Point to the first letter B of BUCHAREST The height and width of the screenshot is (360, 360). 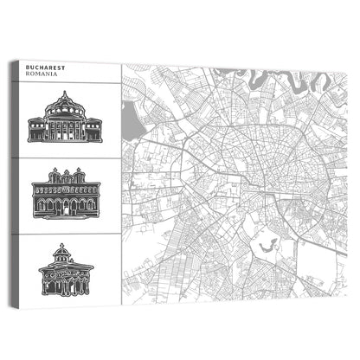coord(29,66)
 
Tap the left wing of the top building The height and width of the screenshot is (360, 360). coord(35,131)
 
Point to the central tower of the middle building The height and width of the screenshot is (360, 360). coord(66,176)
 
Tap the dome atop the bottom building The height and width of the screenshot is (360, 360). coord(64,250)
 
